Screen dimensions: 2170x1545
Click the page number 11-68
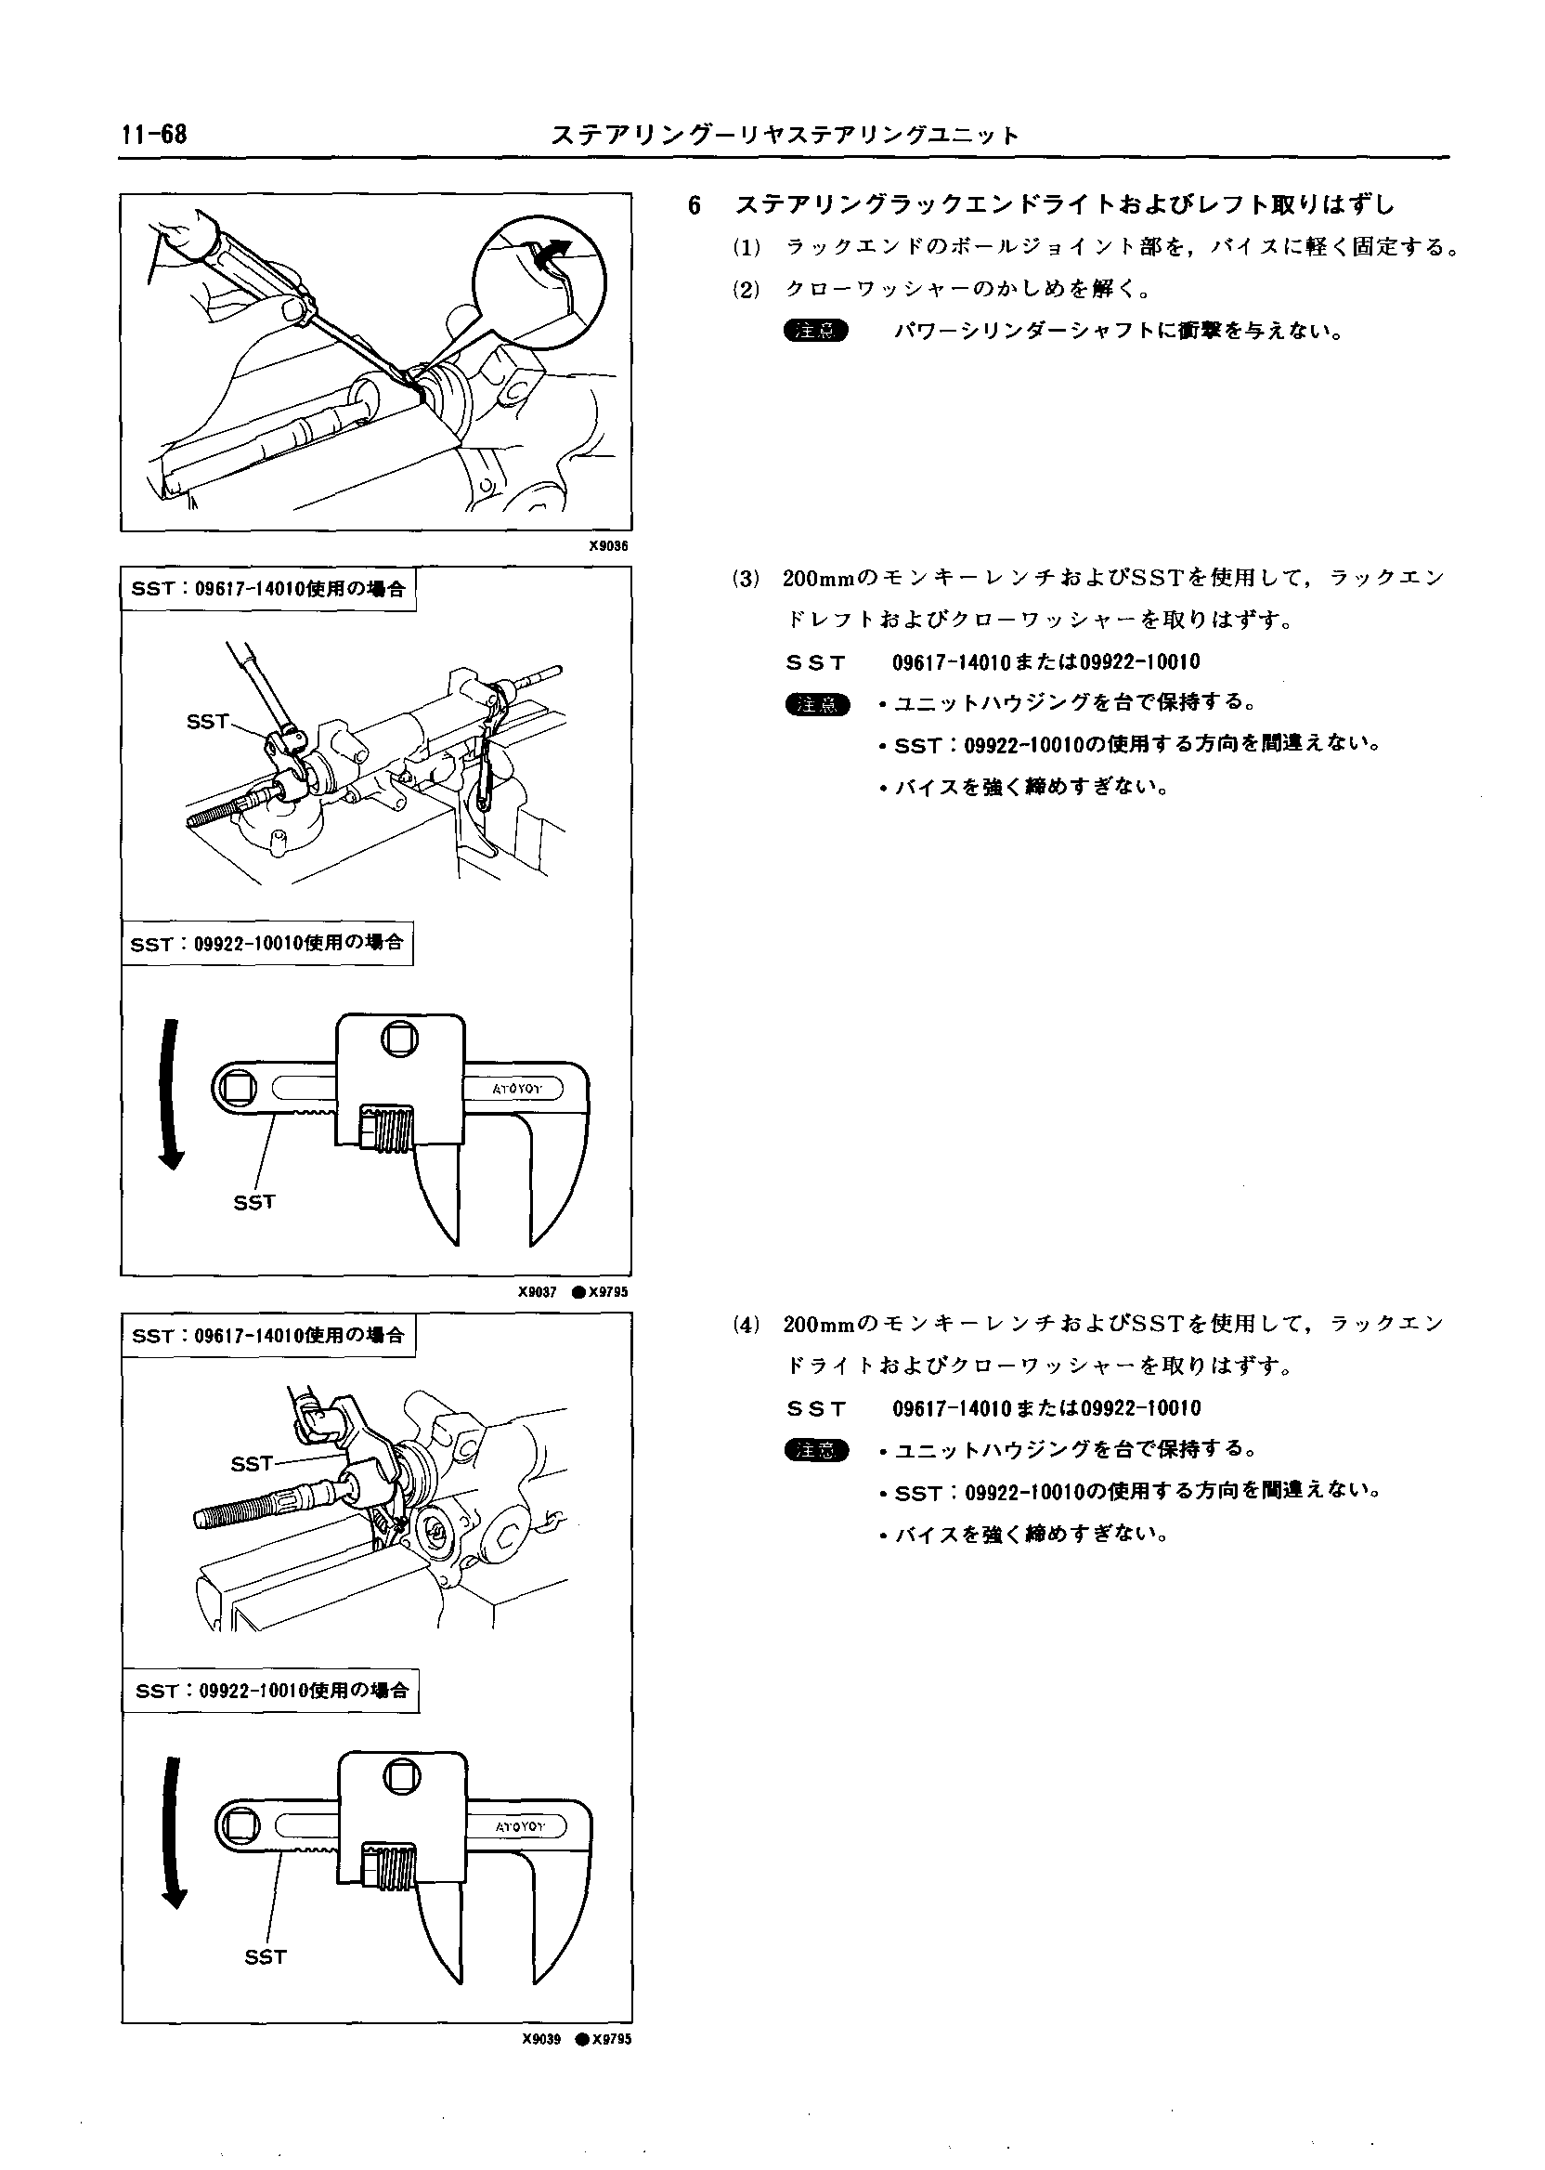154,134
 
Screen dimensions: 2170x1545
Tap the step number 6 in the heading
695,205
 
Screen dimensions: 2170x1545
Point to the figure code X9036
608,546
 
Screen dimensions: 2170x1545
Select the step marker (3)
747,578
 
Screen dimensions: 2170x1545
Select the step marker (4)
747,1324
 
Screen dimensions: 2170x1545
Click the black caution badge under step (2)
815,331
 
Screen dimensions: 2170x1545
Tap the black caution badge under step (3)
816,704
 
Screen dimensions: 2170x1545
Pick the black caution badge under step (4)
816,1450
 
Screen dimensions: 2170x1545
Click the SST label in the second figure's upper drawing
207,722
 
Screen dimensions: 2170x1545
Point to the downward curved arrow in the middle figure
171,1094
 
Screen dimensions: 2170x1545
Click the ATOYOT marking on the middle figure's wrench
516,1089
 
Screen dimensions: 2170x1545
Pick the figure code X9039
541,2040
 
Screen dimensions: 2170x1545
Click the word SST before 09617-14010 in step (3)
816,662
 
